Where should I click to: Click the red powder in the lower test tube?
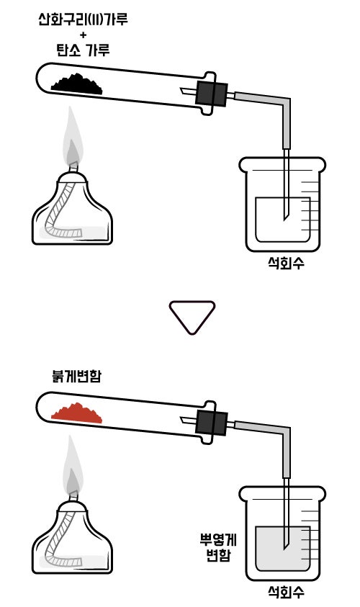(x=78, y=414)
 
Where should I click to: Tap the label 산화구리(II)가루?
(x=83, y=19)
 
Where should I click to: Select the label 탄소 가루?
(x=83, y=50)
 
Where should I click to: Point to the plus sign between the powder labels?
(x=84, y=35)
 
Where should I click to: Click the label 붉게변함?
(x=76, y=375)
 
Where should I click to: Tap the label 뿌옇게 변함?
(x=218, y=547)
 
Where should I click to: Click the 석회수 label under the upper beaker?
(x=286, y=263)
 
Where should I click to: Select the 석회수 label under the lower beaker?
(x=286, y=592)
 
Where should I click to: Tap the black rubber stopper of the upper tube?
(x=211, y=94)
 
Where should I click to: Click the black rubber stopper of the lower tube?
(x=211, y=423)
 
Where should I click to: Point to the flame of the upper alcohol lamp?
(x=73, y=138)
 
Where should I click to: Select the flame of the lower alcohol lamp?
(x=73, y=466)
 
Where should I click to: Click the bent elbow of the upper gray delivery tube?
(x=285, y=103)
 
